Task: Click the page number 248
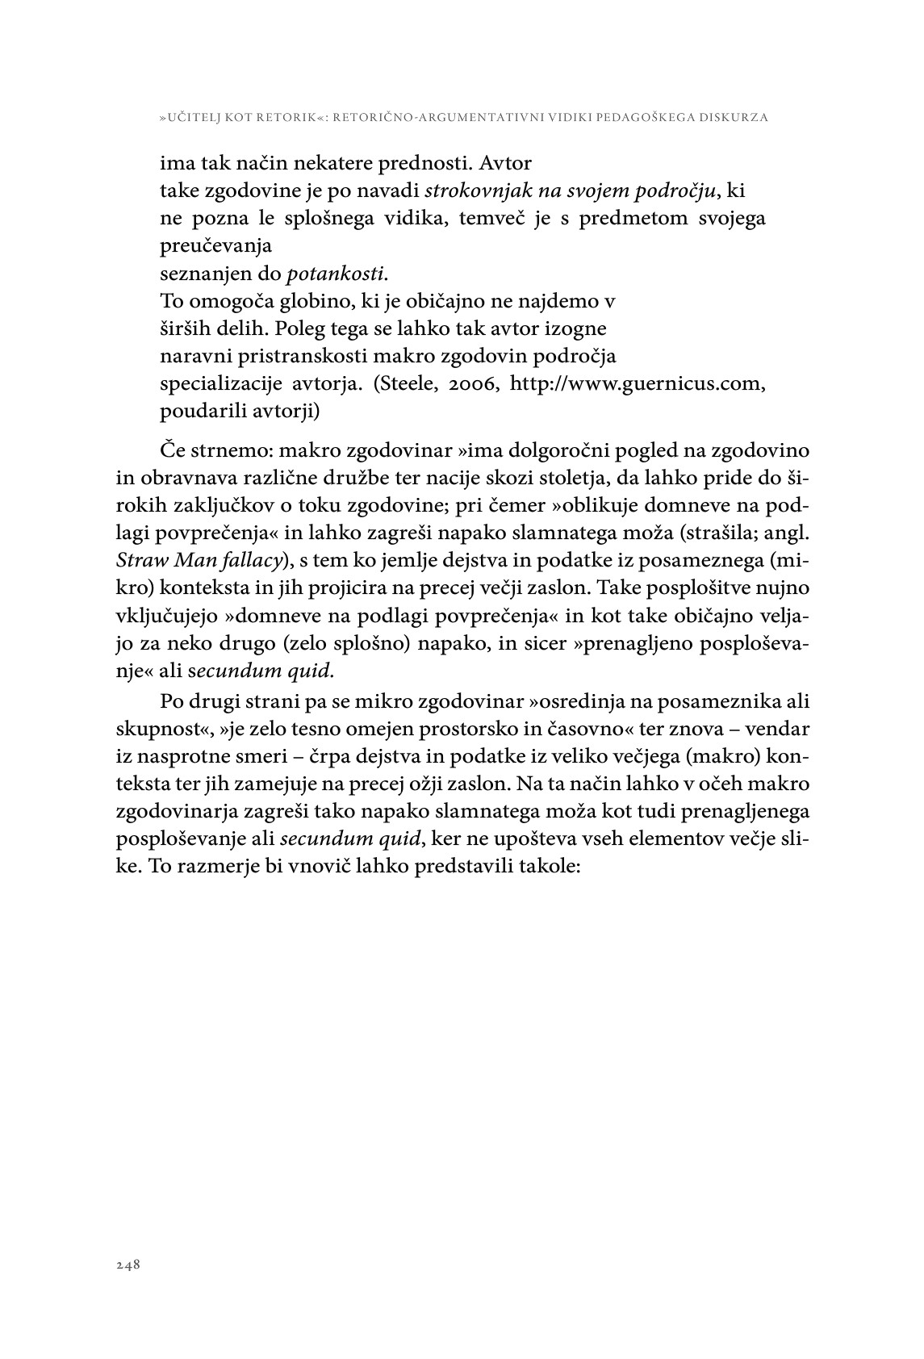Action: (128, 1265)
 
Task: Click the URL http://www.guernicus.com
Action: (638, 383)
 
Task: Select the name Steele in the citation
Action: (402, 383)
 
